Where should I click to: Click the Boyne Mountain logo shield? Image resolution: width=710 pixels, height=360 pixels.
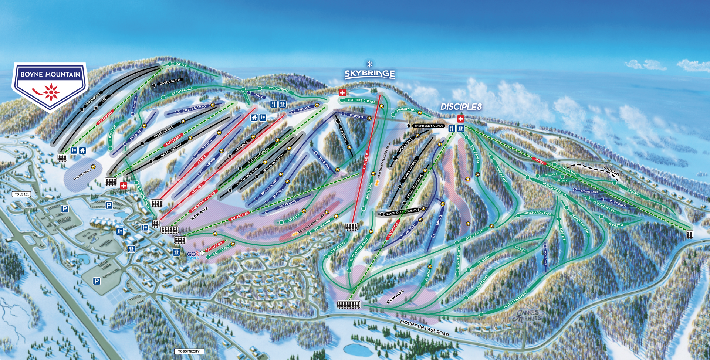50,86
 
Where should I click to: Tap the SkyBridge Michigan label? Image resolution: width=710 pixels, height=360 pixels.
369,74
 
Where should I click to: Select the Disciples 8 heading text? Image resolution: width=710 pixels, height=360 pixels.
461,107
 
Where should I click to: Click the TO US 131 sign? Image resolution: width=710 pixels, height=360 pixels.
22,194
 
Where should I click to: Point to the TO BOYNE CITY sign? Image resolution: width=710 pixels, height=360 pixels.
189,351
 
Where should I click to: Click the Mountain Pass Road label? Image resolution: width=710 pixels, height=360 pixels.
424,327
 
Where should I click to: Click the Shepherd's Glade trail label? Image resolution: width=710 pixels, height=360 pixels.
429,126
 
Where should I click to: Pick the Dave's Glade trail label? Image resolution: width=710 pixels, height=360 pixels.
170,81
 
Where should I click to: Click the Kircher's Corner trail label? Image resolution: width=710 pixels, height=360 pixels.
361,101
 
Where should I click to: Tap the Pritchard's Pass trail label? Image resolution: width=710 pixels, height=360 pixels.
537,214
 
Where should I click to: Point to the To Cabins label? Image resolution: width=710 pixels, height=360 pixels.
611,171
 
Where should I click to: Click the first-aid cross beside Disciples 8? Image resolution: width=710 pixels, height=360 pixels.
460,119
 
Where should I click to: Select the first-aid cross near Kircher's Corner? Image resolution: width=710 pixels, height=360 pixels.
342,93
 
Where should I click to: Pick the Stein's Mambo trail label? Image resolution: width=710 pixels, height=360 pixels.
194,108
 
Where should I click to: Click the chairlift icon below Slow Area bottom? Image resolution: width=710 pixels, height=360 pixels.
348,305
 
